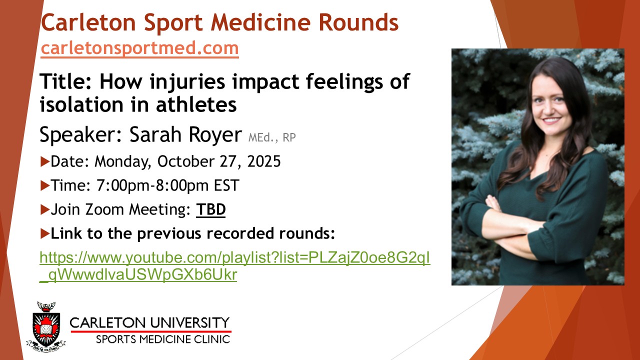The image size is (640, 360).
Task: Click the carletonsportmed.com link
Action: pos(139,48)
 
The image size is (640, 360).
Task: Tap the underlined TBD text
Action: pos(211,209)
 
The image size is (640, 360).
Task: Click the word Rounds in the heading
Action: pos(358,22)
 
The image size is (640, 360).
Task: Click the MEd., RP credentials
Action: pos(272,137)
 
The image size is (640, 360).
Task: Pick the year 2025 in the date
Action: pos(264,161)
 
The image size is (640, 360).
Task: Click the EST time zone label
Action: pos(226,185)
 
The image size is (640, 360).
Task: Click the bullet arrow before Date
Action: pos(45,161)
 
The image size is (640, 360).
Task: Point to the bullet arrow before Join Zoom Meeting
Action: pos(45,209)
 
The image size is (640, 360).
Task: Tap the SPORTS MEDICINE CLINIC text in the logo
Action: pos(163,339)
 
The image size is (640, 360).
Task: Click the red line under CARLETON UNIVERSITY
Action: pos(151,331)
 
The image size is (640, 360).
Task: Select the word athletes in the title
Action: pos(196,104)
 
